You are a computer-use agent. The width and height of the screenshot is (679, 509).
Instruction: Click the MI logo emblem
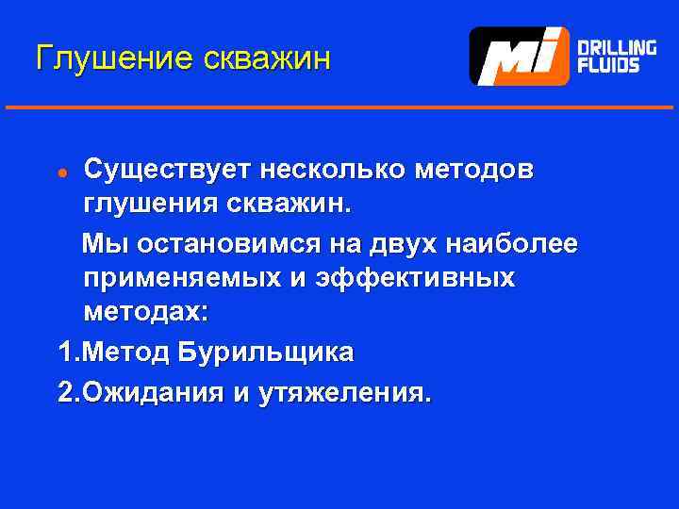point(519,57)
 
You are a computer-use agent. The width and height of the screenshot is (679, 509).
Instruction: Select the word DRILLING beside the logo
point(617,46)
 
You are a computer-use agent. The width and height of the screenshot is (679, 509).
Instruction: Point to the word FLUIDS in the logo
point(608,66)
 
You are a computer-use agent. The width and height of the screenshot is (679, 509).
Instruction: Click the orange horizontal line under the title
point(339,107)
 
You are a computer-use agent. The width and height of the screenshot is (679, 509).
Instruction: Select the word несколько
point(335,171)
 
